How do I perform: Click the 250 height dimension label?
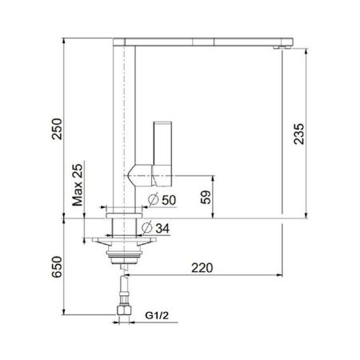point(57,126)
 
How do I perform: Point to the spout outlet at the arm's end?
point(281,47)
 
